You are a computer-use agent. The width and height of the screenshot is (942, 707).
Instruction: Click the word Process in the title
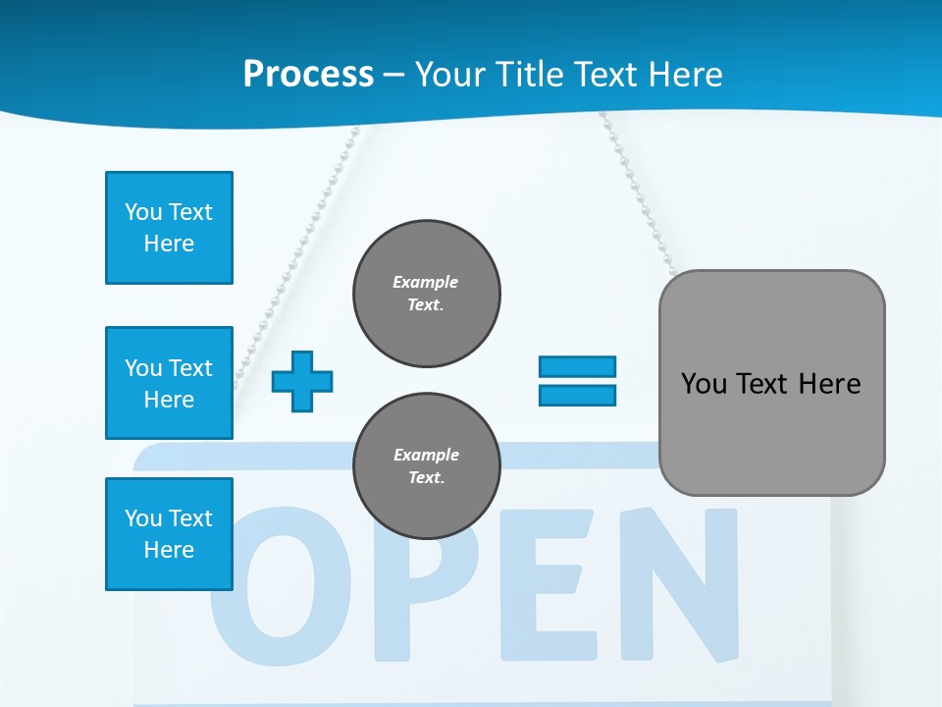pos(308,74)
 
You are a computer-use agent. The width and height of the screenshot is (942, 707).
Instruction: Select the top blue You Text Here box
pos(169,228)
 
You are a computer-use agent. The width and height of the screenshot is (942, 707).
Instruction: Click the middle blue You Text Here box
pos(169,383)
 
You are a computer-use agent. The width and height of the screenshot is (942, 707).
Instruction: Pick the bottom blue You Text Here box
pos(169,534)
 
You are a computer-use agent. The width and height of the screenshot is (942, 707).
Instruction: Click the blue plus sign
pos(302,380)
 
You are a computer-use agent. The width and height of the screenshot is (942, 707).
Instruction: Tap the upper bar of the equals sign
pos(577,366)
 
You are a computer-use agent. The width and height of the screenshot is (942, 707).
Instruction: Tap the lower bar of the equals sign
pos(577,395)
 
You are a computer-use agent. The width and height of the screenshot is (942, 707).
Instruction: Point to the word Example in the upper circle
pos(426,282)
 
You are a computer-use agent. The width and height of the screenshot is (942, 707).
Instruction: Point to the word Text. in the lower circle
pos(426,478)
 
